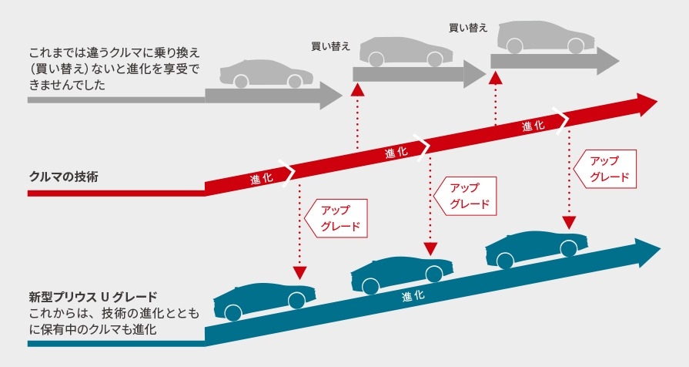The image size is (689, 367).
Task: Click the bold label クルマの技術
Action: (64, 177)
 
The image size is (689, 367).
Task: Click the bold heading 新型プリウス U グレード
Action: (92, 297)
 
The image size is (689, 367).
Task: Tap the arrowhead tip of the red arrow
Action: (657, 102)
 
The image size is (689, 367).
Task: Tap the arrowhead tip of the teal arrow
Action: (661, 250)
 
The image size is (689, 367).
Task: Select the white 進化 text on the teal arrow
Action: (413, 295)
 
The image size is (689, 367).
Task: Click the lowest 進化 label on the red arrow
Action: (262, 178)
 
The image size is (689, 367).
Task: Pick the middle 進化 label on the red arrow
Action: (396, 152)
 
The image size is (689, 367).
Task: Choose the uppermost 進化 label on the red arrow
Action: (533, 126)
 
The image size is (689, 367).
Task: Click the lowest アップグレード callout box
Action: (336, 218)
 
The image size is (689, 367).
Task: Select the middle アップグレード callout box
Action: (465, 196)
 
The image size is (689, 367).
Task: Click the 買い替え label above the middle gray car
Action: (330, 46)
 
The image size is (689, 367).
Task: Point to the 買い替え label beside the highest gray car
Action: (468, 28)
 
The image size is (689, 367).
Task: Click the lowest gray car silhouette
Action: (266, 73)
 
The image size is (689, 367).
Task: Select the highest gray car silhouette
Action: (546, 37)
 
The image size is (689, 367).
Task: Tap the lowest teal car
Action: (265, 301)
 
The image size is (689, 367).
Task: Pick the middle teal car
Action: (402, 274)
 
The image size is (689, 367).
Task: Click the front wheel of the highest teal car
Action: (568, 248)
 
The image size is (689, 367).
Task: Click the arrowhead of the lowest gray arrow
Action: (331, 95)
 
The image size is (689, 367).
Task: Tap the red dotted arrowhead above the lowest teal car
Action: (299, 272)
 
